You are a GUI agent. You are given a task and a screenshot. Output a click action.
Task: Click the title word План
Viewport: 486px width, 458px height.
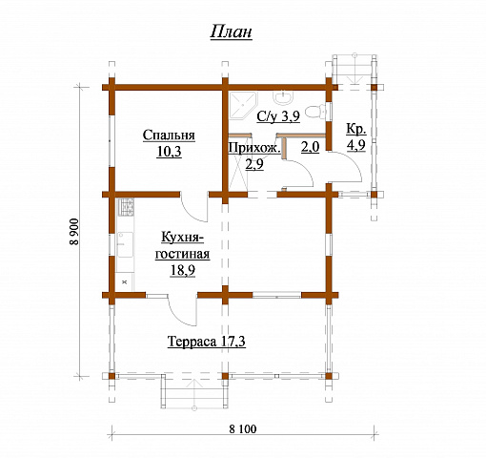[x=231, y=31]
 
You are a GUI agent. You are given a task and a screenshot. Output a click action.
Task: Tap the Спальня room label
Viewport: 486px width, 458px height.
[x=169, y=135]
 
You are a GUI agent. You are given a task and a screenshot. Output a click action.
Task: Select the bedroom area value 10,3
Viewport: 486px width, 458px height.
[x=169, y=152]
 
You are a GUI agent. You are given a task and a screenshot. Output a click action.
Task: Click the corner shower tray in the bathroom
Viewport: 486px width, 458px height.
[x=243, y=106]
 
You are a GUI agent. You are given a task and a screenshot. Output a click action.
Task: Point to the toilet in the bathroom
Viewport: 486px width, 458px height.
[x=315, y=112]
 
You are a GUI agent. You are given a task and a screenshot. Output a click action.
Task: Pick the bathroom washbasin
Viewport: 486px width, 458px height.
[x=283, y=97]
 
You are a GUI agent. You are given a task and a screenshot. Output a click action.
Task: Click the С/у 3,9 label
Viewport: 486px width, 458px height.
[x=278, y=116]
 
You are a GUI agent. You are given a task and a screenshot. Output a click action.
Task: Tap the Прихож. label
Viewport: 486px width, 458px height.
[x=254, y=148]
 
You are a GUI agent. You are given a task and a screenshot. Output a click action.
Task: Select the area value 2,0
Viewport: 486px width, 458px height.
[x=310, y=147]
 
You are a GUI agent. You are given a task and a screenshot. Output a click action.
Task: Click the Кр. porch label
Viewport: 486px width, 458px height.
[x=356, y=129]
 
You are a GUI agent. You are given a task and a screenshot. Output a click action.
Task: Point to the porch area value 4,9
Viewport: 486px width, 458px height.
[x=356, y=145]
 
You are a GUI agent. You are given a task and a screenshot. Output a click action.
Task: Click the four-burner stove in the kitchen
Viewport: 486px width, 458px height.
[x=126, y=207]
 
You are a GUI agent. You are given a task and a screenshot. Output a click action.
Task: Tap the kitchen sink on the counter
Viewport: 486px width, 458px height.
[x=125, y=244]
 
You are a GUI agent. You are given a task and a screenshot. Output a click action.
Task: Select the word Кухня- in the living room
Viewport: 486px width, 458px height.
[x=182, y=238]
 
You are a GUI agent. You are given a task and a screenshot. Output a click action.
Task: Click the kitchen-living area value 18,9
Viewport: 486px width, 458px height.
[x=183, y=271]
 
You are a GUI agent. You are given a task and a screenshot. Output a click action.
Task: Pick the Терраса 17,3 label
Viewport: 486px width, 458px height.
[x=207, y=342]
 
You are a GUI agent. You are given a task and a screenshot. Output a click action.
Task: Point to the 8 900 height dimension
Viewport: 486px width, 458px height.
[x=74, y=231]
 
